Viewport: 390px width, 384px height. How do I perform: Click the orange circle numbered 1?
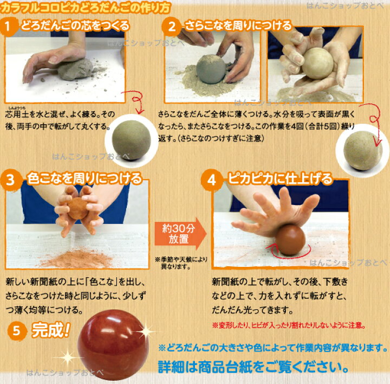tap(8, 27)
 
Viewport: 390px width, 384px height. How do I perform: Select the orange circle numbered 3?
tap(10, 180)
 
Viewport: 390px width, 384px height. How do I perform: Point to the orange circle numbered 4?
tap(211, 180)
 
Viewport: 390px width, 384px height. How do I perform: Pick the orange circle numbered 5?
tap(16, 331)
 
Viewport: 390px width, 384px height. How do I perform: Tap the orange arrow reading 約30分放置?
tap(180, 234)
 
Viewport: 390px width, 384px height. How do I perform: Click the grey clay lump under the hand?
tap(75, 69)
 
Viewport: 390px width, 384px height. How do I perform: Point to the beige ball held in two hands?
tap(317, 63)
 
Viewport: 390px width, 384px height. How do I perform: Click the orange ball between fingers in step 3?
tap(78, 208)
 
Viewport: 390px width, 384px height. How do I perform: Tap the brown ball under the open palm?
tap(290, 240)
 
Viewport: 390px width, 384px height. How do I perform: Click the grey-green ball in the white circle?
tap(131, 140)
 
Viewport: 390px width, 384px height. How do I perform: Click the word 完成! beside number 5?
tap(51, 330)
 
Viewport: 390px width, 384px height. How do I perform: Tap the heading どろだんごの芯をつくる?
tap(75, 26)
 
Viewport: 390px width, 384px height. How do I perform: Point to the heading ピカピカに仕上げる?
tap(280, 179)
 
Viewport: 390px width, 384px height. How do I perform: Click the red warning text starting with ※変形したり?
tap(289, 325)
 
